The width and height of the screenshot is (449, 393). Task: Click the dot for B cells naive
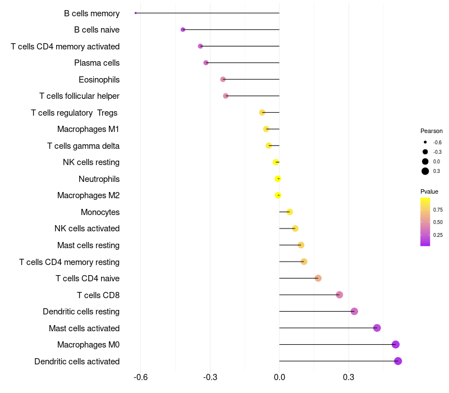tap(183, 29)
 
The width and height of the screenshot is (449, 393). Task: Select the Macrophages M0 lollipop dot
tap(396, 345)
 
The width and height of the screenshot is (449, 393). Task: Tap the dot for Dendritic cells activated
tap(398, 361)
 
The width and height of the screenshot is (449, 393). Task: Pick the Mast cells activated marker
tap(377, 328)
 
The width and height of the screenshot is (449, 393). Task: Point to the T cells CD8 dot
tap(339, 295)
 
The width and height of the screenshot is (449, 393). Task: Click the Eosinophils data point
tap(223, 79)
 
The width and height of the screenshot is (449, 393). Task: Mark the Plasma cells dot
tap(206, 63)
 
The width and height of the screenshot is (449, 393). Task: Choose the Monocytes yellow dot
tap(290, 212)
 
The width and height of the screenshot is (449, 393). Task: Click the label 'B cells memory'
tap(91, 13)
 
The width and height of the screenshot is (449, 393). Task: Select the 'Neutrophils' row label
tap(99, 179)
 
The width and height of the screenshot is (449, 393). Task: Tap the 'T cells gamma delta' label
tap(83, 146)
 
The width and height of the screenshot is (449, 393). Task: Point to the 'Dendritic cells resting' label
tap(81, 312)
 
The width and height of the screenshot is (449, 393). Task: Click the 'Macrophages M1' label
tap(88, 129)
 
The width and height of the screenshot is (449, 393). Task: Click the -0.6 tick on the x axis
tap(140, 377)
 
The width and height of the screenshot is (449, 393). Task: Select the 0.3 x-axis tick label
tap(349, 377)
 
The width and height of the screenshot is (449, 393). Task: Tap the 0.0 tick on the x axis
tap(280, 377)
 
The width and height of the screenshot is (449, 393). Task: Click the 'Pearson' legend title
tap(431, 131)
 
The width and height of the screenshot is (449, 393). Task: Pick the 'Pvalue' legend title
tap(429, 191)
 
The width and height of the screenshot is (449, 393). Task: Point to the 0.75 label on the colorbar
tap(438, 210)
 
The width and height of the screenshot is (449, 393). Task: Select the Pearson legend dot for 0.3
tap(425, 171)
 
